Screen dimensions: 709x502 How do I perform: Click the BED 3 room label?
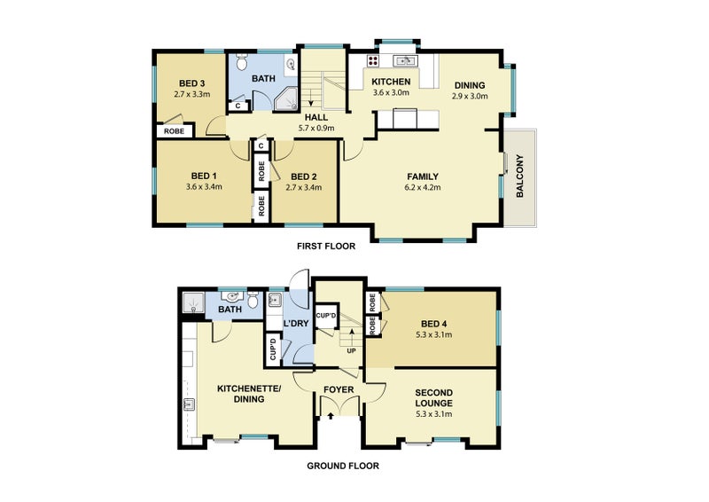coord(191,83)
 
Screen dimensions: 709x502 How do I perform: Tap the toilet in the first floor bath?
coord(242,61)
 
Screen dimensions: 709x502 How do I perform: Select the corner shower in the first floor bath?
coord(285,98)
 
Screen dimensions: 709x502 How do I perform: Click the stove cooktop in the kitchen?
coord(373,60)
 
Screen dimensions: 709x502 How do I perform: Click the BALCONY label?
coord(520,176)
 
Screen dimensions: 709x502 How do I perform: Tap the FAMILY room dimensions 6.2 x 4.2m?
coord(423,187)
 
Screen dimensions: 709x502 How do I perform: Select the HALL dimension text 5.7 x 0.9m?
coord(316,128)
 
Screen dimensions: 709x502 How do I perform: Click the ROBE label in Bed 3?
coord(174,131)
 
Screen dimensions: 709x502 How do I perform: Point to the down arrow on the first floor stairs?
coord(311,97)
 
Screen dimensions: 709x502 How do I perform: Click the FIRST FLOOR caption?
coord(326,247)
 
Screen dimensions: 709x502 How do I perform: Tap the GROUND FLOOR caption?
coord(343,466)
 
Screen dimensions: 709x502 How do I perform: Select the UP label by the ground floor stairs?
coord(351,351)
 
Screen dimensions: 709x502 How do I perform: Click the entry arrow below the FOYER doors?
coord(331,416)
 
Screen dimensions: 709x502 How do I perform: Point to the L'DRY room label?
coord(296,324)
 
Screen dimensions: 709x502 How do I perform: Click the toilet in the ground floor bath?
coord(253,299)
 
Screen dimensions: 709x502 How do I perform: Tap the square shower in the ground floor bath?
coord(193,302)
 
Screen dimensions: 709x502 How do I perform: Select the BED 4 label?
coord(433,324)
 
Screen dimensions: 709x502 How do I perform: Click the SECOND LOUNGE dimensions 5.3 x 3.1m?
coord(434,414)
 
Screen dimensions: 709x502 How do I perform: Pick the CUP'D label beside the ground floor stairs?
coord(326,316)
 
